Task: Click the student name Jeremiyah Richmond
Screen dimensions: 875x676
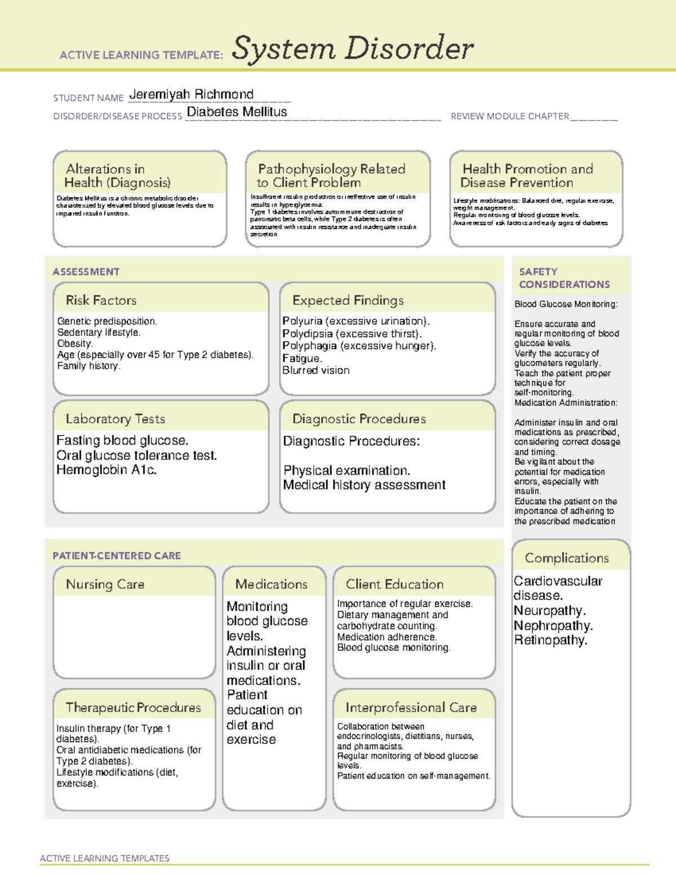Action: [192, 94]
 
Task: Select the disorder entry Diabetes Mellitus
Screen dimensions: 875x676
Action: [237, 112]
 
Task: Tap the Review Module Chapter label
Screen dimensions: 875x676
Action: [509, 117]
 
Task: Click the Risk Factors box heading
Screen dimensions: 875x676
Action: [101, 300]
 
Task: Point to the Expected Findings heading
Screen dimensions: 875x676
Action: [348, 300]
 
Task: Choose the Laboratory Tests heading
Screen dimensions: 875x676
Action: [115, 419]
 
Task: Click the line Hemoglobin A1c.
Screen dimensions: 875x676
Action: [106, 470]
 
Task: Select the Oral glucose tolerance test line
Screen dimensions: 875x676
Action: [136, 455]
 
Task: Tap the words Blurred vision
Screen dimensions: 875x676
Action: [315, 371]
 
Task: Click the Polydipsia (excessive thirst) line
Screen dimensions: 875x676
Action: [352, 334]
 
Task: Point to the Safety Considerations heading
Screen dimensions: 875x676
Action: [564, 278]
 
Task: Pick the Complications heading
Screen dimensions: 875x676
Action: [567, 558]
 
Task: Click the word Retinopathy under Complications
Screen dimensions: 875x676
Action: [550, 641]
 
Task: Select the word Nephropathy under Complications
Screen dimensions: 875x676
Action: [553, 626]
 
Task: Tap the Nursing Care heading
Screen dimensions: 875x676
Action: [105, 584]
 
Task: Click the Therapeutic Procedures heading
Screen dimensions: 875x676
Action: [133, 708]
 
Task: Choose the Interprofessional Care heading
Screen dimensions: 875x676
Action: [411, 708]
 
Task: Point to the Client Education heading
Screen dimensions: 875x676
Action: [394, 584]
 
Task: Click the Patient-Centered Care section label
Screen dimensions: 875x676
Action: [117, 556]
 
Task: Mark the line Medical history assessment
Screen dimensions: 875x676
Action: [364, 485]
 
